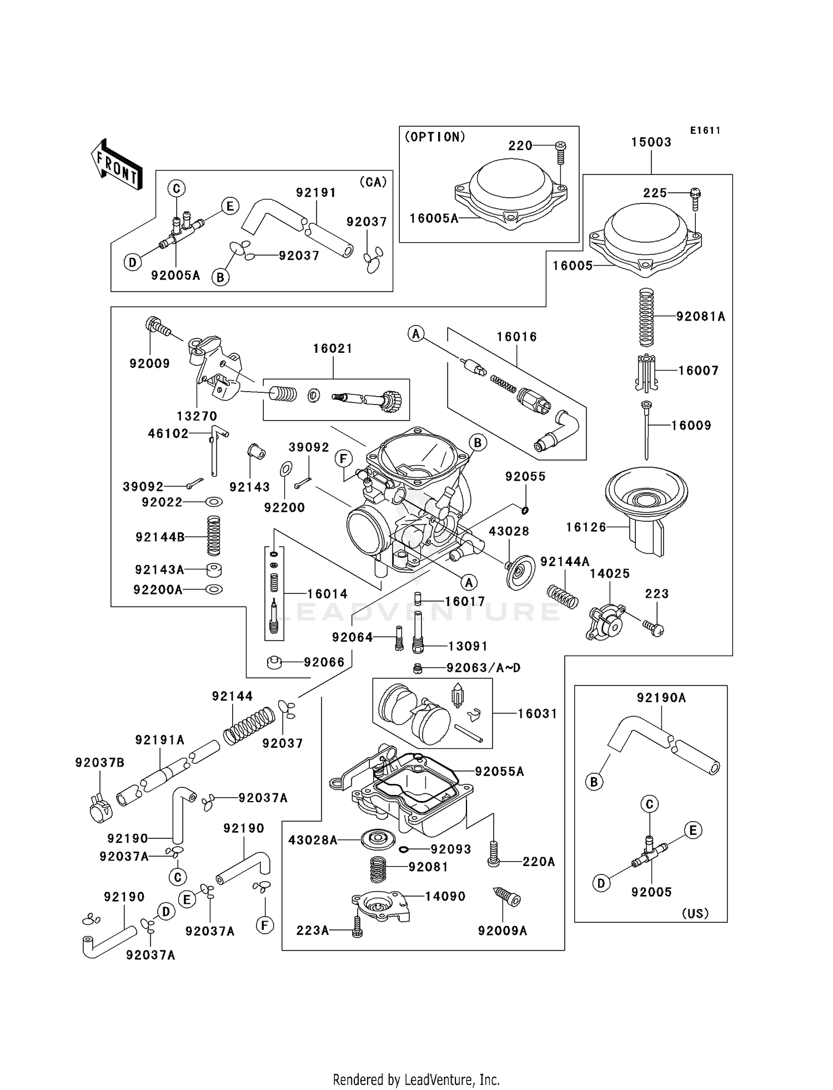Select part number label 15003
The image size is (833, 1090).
651,142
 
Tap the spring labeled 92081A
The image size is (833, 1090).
645,318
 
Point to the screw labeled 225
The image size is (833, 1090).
695,198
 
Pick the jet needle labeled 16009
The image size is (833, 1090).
646,431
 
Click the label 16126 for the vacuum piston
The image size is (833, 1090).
586,527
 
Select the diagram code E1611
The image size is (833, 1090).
705,131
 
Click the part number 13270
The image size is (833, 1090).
197,416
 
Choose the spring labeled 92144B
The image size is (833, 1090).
214,536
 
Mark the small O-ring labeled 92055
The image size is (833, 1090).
525,509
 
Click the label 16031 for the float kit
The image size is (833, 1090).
537,713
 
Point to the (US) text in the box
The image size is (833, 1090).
695,913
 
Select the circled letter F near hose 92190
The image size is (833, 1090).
265,925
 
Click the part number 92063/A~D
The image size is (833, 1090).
483,668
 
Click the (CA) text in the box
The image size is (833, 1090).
373,182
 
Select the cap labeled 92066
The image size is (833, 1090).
274,662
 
